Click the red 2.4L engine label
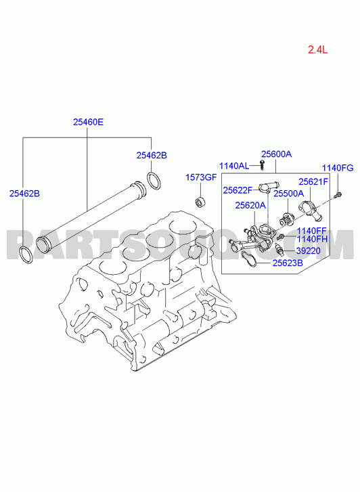tap(317, 49)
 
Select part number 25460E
tap(88, 122)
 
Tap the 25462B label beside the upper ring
tap(152, 156)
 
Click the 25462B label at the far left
tap(24, 194)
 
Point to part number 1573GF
tap(201, 177)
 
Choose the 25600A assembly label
tap(277, 154)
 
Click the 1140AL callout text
tap(234, 166)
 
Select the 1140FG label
tap(338, 168)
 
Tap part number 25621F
tap(313, 181)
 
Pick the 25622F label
tap(238, 190)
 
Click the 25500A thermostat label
tap(289, 194)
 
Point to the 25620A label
tap(250, 205)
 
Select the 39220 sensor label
tap(308, 250)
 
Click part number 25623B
tap(288, 263)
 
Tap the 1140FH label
tap(312, 239)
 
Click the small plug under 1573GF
tap(200, 202)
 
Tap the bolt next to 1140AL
tap(262, 165)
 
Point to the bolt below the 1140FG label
tap(338, 195)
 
